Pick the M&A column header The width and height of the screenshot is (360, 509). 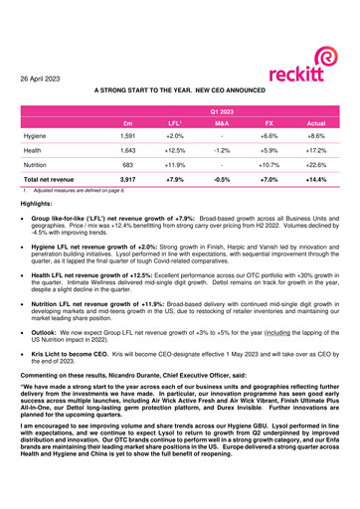[223, 126]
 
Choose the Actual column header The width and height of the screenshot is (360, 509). [316, 126]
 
